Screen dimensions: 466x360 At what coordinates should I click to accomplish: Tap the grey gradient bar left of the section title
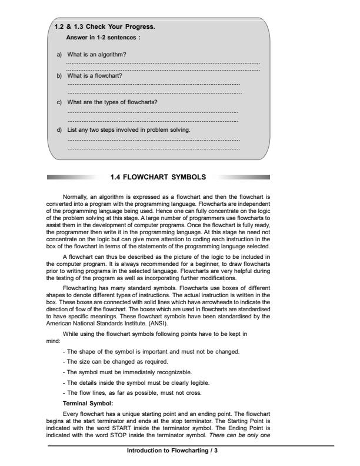74,176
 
